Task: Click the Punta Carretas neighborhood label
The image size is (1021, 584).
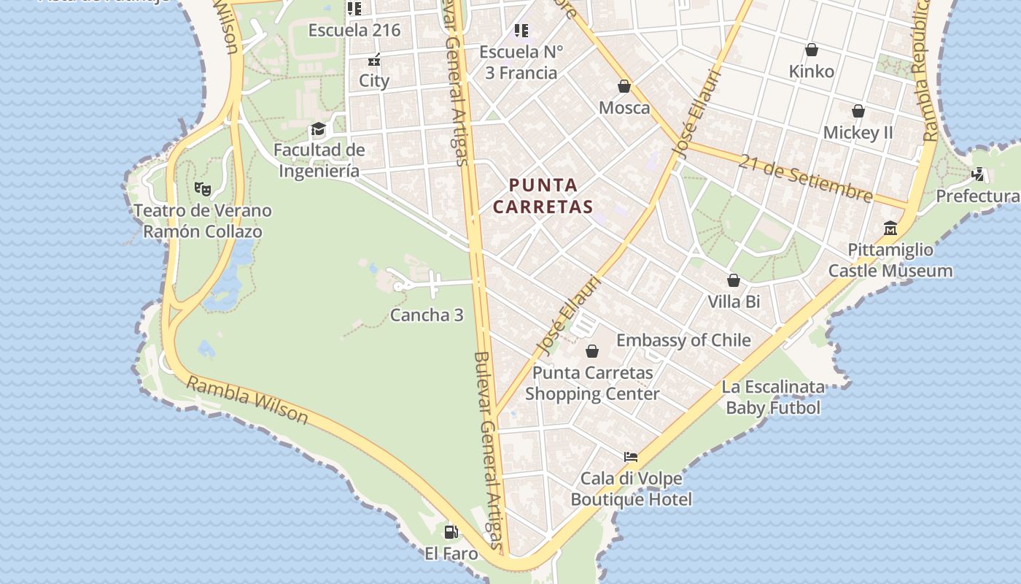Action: tap(543, 196)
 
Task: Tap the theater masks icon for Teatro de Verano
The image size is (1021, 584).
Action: tap(203, 188)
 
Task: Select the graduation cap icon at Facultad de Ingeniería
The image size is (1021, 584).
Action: tap(318, 130)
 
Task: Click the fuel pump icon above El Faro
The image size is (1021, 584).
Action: tap(451, 531)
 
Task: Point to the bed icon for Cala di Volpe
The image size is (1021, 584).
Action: tap(631, 457)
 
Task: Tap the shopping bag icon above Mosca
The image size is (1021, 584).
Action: tap(624, 86)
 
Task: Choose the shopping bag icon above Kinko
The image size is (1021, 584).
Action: tap(811, 50)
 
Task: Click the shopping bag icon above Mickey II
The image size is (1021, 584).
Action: tap(858, 111)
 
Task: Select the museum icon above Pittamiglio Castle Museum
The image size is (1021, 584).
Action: tap(890, 228)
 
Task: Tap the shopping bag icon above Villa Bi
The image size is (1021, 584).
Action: tap(734, 280)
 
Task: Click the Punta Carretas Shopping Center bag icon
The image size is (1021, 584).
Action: tap(592, 351)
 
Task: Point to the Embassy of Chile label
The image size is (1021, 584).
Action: tap(683, 340)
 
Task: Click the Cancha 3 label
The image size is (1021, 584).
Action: tap(427, 315)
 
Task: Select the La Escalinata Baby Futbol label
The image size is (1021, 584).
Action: tap(773, 397)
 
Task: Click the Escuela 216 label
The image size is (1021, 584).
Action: tap(354, 31)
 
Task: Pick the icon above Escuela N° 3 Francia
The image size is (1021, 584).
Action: tap(521, 31)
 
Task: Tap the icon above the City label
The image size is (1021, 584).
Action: tap(374, 61)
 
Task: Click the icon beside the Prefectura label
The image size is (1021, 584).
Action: tap(978, 174)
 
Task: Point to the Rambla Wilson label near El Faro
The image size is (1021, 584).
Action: tap(248, 399)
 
